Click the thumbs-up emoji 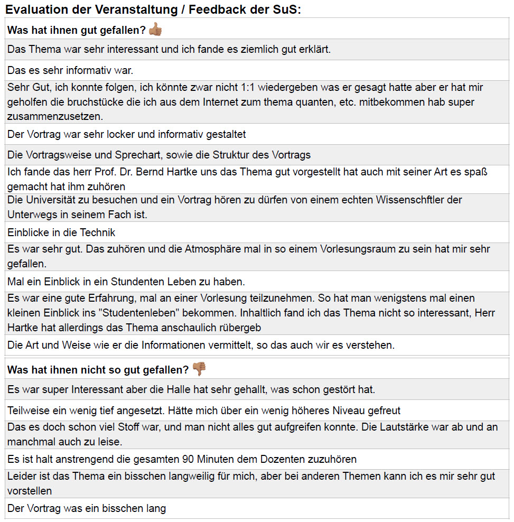click(x=155, y=30)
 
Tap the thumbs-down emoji click(x=199, y=369)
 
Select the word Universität click(x=50, y=200)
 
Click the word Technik click(x=97, y=232)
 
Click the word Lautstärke click(x=401, y=427)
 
